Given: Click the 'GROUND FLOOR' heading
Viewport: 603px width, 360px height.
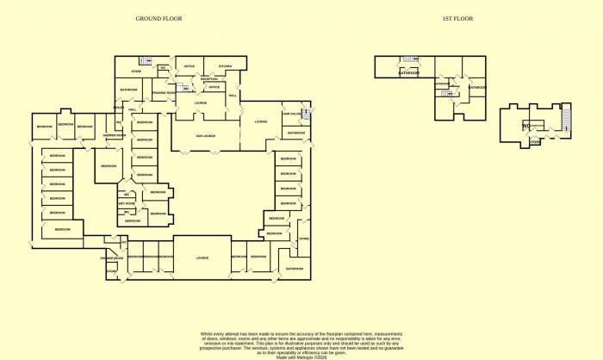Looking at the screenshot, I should tap(159, 18).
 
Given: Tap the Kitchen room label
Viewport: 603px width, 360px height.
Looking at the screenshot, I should tap(226, 66).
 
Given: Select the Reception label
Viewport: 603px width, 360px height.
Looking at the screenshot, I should tap(209, 79).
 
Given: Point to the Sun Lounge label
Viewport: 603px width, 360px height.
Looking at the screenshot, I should tap(204, 136).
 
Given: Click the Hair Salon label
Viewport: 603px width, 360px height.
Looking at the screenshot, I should tap(295, 114).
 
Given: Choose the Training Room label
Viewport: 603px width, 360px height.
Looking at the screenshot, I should tap(165, 92).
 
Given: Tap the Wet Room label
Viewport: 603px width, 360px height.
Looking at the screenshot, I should tap(126, 203).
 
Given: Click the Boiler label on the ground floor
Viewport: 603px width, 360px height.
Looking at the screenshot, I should tap(121, 108).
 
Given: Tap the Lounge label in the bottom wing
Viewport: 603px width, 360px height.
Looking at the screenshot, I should tap(203, 258).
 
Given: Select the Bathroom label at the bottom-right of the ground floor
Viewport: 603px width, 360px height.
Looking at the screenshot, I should tap(295, 269).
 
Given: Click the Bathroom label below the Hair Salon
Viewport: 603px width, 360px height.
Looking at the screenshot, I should tap(296, 133).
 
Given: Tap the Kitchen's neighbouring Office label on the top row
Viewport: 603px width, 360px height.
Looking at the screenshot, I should tap(190, 66).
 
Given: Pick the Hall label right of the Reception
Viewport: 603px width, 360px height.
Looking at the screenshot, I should tap(232, 94).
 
